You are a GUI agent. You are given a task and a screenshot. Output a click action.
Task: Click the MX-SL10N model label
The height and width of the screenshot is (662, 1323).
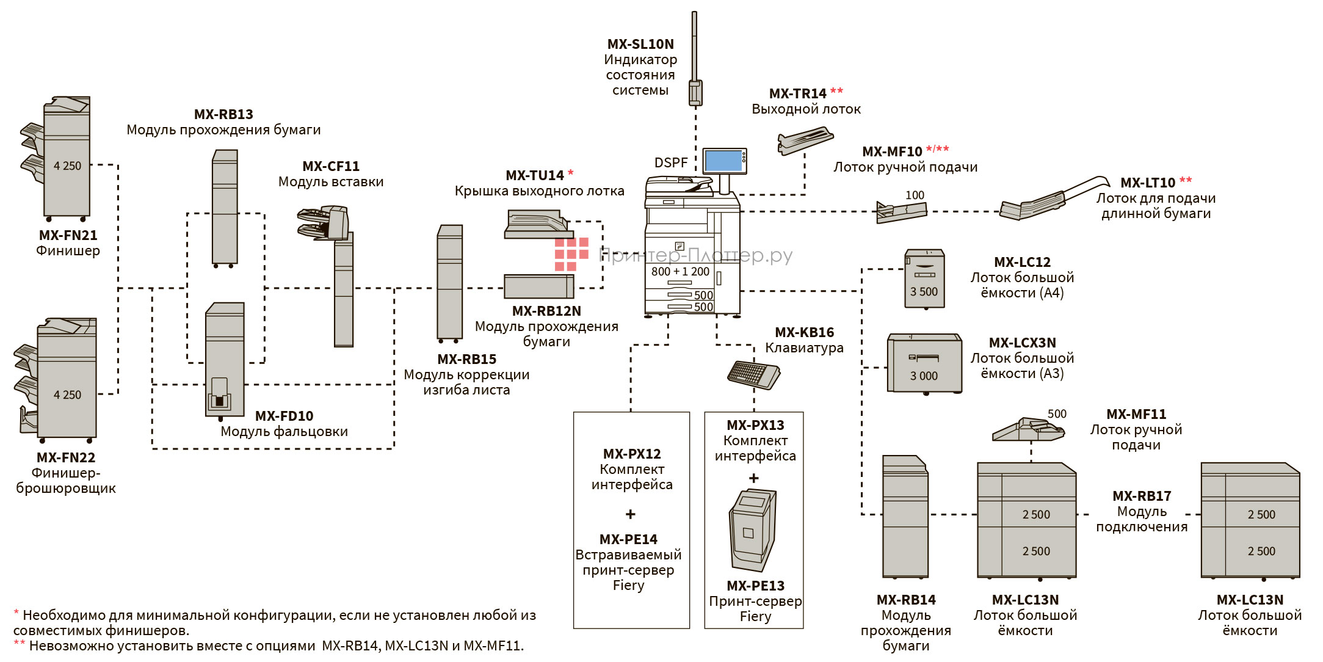coord(640,44)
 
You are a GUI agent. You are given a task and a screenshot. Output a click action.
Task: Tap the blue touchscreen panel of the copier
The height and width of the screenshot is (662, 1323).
coord(723,161)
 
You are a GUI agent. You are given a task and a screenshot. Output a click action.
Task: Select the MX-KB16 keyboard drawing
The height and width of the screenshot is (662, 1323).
coord(754,373)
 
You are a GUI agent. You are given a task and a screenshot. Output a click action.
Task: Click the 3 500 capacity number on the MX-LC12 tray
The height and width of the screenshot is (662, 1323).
coord(924,292)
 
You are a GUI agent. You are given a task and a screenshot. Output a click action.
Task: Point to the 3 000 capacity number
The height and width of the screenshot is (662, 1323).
coord(924,376)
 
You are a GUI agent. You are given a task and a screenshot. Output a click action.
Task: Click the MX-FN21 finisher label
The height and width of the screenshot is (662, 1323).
coord(68,235)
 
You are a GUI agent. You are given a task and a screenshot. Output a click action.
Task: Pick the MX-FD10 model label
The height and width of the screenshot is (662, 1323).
coord(284,416)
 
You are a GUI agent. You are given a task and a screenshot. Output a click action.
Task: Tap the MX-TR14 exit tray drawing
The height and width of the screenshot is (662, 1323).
coord(805,140)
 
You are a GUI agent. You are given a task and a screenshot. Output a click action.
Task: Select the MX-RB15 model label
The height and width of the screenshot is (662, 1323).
coord(466,359)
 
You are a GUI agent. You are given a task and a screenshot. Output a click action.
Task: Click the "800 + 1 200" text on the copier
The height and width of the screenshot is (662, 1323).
coord(680,272)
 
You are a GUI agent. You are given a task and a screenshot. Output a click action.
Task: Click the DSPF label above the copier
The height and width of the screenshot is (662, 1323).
coord(670,162)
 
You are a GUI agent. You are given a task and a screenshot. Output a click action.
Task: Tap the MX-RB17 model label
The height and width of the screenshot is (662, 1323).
coord(1141,496)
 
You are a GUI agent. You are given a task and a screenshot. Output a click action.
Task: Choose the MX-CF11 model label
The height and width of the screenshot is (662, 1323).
coord(331,166)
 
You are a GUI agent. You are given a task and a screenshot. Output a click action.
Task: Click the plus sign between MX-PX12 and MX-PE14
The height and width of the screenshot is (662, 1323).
coord(631,514)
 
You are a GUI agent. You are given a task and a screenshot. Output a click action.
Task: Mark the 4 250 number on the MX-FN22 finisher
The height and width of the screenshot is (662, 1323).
coord(67,395)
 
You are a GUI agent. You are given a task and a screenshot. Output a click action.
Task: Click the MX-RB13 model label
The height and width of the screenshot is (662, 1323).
coord(223,114)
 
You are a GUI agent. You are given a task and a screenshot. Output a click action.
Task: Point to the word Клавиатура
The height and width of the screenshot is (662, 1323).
coord(804,348)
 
